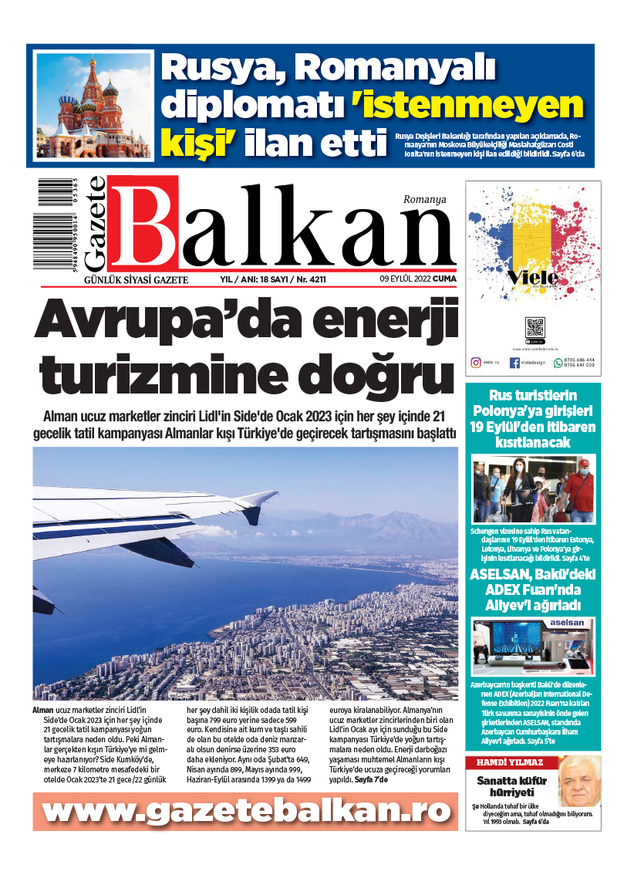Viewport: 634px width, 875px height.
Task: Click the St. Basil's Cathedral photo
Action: (93, 106)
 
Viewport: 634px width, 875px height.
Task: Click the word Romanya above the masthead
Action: (424, 199)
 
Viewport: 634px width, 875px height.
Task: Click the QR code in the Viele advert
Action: (535, 326)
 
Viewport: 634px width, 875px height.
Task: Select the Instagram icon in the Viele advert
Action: (476, 362)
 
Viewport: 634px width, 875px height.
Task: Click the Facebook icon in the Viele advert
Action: (514, 362)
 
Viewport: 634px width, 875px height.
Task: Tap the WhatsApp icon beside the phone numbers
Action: (558, 362)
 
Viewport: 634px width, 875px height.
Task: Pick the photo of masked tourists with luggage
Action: (534, 489)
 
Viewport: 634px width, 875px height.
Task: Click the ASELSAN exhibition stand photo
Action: (534, 646)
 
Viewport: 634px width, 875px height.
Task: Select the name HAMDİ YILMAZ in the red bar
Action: (501, 763)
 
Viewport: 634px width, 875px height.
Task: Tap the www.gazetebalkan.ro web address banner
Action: (245, 811)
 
